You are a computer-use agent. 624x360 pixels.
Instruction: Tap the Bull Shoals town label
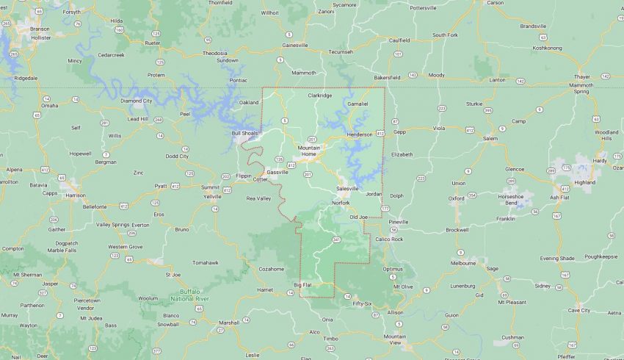[x=245, y=133]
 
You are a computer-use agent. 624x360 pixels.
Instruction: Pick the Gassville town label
[x=277, y=172]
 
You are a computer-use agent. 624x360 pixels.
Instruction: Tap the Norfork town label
[x=341, y=203]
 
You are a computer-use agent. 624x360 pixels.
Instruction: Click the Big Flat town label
[x=303, y=284]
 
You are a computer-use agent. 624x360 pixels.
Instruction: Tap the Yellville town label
[x=212, y=196]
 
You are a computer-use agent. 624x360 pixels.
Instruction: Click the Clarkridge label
[x=319, y=95]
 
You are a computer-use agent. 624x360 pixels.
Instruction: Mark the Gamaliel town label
[x=358, y=104]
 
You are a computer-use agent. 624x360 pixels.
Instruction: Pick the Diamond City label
[x=136, y=101]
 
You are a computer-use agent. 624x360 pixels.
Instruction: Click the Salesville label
[x=348, y=188]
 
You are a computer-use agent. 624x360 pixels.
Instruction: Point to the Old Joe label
[x=358, y=217]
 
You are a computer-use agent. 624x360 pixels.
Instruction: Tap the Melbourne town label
[x=463, y=262]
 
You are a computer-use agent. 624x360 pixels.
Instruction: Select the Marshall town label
[x=230, y=322]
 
